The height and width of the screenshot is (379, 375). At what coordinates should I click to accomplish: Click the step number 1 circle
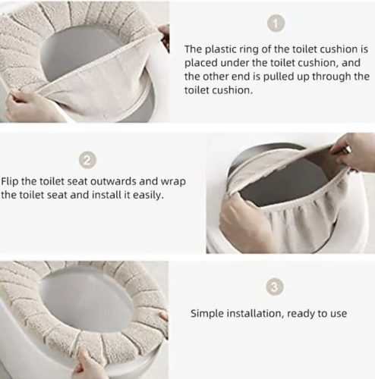pyautogui.click(x=276, y=23)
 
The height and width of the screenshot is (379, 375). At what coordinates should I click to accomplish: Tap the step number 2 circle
pyautogui.click(x=87, y=160)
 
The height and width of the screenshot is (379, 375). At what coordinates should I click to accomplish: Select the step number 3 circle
pyautogui.click(x=275, y=287)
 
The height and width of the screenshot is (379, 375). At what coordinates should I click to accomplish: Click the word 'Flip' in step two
pyautogui.click(x=10, y=181)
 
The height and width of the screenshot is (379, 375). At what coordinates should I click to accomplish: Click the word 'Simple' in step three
pyautogui.click(x=207, y=314)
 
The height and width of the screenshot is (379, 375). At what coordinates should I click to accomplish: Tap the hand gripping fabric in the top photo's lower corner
pyautogui.click(x=28, y=104)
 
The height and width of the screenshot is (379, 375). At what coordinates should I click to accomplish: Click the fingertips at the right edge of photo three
pyautogui.click(x=163, y=316)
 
